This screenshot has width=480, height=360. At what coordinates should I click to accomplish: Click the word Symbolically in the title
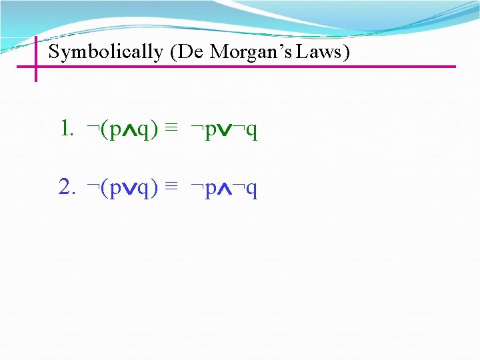(105, 52)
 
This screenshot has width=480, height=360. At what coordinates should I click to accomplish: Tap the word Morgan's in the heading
(251, 52)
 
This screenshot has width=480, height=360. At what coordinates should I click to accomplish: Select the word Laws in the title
(323, 51)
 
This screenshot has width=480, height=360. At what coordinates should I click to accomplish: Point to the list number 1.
(65, 129)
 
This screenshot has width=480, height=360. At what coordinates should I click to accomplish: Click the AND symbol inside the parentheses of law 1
(129, 130)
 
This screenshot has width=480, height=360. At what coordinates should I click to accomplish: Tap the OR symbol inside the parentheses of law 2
(129, 190)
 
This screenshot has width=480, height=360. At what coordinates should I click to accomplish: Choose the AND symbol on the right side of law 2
(227, 190)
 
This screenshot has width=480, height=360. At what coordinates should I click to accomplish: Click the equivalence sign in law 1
(171, 129)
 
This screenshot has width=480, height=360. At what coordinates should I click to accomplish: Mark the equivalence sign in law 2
(171, 189)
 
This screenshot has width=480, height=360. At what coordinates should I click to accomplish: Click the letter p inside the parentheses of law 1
(115, 131)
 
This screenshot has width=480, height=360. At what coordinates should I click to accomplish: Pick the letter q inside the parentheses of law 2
(144, 191)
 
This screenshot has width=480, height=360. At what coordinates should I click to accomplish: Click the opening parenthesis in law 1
(104, 130)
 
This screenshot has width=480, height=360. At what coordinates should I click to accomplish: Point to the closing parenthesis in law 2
(155, 190)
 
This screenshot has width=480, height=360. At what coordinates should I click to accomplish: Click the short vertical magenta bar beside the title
(35, 59)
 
